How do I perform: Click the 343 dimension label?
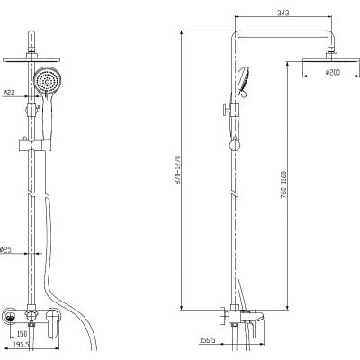[x=283, y=13]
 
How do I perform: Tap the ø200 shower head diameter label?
[x=332, y=72]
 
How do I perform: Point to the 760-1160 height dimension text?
[x=283, y=185]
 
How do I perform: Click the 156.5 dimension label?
[x=208, y=340]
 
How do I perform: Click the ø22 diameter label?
[x=9, y=93]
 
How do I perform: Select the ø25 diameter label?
[x=5, y=250]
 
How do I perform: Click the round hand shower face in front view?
[x=47, y=81]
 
